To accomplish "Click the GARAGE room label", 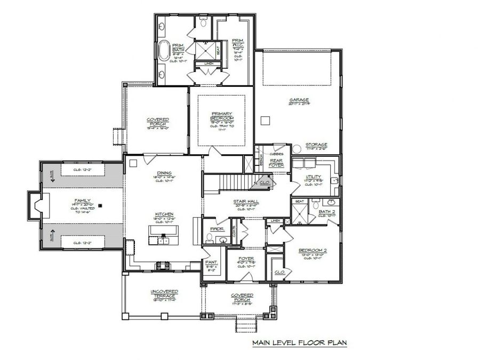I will (299, 100).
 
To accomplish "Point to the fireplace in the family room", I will (37, 204).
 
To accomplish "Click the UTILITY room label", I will (313, 177).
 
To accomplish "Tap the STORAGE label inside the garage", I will (316, 145).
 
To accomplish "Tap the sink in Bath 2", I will (331, 203).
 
